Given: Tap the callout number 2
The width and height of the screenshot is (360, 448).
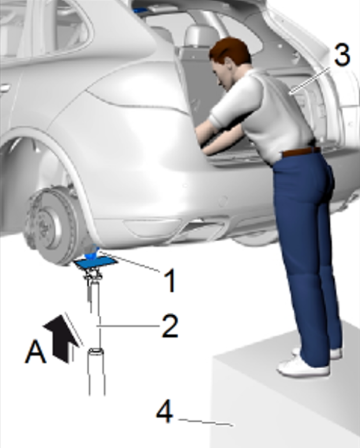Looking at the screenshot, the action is pyautogui.click(x=170, y=326).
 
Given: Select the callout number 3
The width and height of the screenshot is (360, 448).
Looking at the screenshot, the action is pyautogui.click(x=342, y=54).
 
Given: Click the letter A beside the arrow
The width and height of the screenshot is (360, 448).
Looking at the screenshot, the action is pyautogui.click(x=36, y=352).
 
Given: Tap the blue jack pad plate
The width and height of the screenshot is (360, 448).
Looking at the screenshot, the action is pyautogui.click(x=96, y=262).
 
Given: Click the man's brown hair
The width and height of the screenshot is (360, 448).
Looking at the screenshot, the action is pyautogui.click(x=230, y=51).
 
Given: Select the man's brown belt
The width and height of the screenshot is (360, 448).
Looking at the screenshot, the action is pyautogui.click(x=301, y=151).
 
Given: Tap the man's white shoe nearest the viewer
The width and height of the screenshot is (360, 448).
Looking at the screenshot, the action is pyautogui.click(x=303, y=368).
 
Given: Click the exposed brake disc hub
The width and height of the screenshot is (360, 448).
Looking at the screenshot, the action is pyautogui.click(x=49, y=225).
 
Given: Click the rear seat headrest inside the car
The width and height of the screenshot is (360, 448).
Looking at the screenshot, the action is pyautogui.click(x=200, y=35).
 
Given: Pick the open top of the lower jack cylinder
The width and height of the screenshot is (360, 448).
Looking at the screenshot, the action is pyautogui.click(x=96, y=352).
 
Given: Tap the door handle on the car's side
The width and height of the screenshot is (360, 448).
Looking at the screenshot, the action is pyautogui.click(x=5, y=89).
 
